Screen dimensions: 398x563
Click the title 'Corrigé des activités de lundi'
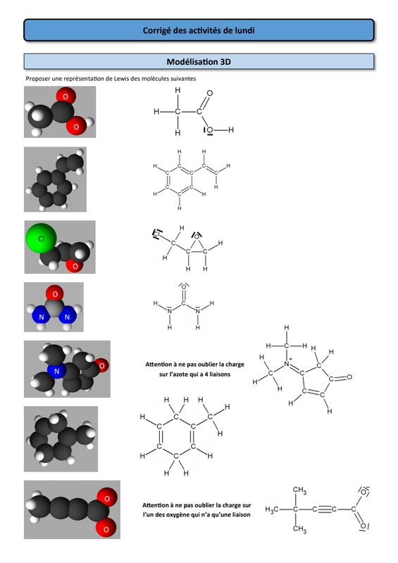pos(199,30)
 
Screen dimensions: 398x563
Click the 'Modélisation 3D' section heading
pos(199,62)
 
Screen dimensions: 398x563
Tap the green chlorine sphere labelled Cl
pos(41,238)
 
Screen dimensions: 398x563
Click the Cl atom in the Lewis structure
pos(157,234)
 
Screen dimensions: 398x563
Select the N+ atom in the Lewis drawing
pos(287,363)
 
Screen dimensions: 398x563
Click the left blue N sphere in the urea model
pos(41,317)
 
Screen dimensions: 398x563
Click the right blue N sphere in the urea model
pos(67,317)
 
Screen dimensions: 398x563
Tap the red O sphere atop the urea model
pos(55,293)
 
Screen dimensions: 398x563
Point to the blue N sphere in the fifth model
pos(56,372)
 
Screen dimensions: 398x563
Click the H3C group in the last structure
pos(272,510)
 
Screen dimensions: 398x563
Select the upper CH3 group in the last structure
pos(299,490)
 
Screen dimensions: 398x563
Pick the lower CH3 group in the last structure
pos(299,529)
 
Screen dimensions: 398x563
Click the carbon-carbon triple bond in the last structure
pos(324,510)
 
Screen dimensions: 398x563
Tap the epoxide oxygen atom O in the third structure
pos(197,236)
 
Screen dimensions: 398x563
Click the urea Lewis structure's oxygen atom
pos(184,287)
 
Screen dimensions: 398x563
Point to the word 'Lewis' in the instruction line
pos(121,79)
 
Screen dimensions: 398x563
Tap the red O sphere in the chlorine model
pos(75,266)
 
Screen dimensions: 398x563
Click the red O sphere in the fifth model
pos(102,365)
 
